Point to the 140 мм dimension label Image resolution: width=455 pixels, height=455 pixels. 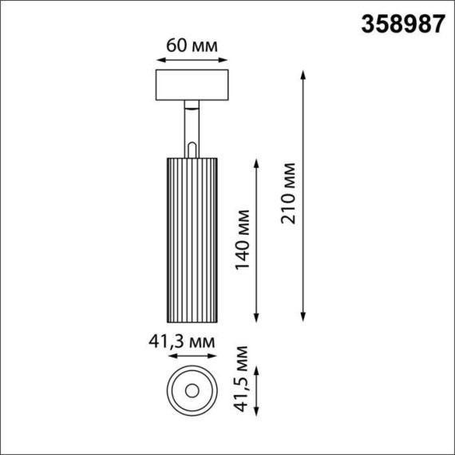[243, 238]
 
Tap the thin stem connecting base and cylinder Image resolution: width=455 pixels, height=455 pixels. [192, 128]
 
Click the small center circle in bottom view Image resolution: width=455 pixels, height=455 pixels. [192, 390]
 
